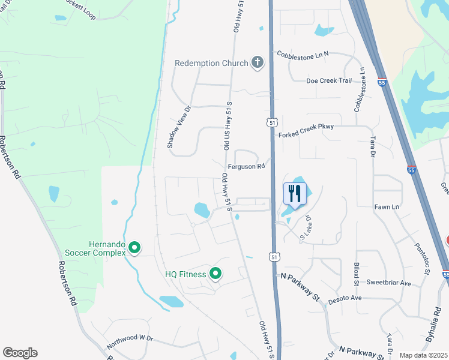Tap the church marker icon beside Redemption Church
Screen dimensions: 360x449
258,62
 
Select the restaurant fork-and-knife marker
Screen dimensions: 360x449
295,194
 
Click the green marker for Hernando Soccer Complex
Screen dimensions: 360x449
135,247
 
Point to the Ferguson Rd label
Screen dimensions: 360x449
246,167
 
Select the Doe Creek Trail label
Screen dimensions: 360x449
329,80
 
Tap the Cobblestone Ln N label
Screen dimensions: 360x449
303,54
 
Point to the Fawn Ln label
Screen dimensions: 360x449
387,207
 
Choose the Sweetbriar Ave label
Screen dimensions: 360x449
388,283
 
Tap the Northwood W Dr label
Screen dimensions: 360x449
130,343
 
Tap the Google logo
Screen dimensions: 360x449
20,353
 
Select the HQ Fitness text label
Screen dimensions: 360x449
185,275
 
